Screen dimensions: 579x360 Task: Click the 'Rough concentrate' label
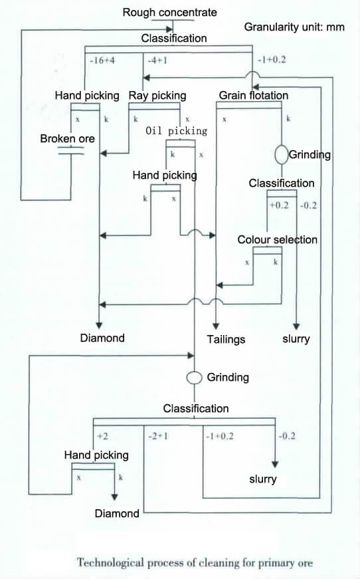click(169, 12)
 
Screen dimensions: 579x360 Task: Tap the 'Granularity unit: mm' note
click(294, 28)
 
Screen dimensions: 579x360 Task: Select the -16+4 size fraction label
click(101, 60)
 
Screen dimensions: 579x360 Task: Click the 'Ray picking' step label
click(157, 96)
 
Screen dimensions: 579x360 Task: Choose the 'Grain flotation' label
click(254, 96)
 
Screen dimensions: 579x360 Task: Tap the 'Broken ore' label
click(67, 139)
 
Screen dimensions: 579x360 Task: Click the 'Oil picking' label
click(176, 131)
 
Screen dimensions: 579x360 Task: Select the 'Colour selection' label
click(278, 239)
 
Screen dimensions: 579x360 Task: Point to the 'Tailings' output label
click(226, 339)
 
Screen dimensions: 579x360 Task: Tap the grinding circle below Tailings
click(194, 377)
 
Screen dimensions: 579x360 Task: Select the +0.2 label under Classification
click(279, 205)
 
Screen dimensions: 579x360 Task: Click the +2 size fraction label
click(102, 436)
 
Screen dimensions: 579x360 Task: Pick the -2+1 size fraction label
click(157, 436)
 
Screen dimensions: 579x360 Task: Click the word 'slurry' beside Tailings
click(296, 339)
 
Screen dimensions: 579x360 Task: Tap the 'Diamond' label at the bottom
click(117, 513)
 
